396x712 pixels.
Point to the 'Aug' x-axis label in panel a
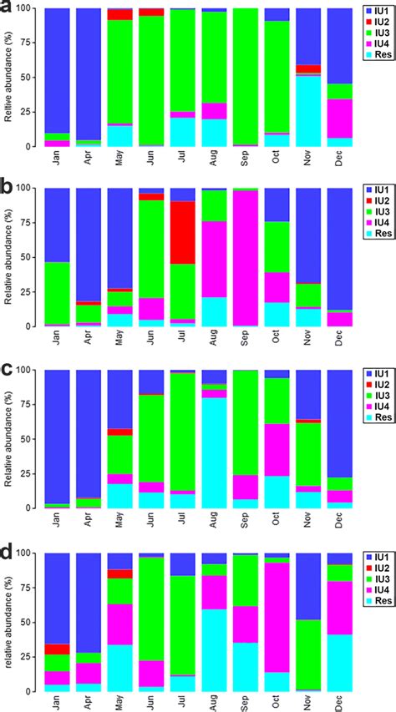click(215, 159)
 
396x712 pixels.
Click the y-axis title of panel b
click(8, 256)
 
